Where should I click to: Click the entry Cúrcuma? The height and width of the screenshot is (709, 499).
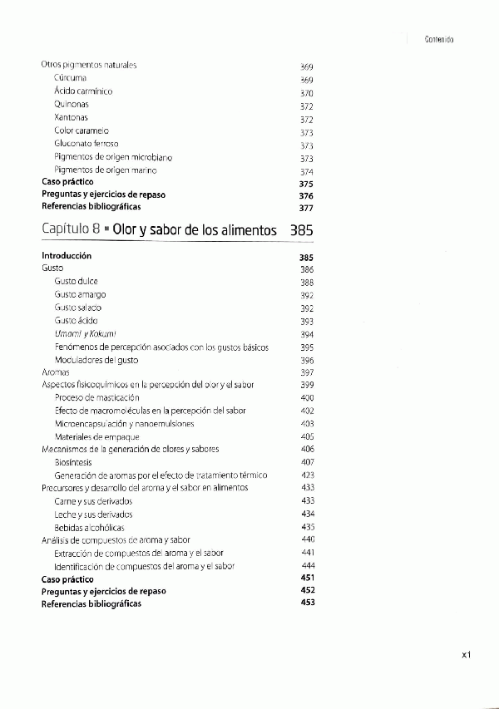(71, 78)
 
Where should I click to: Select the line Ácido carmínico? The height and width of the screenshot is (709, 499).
(83, 91)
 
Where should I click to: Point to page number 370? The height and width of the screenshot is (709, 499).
(306, 93)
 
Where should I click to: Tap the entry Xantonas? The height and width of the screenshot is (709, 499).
(72, 118)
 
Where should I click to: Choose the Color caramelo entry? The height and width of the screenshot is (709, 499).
(82, 131)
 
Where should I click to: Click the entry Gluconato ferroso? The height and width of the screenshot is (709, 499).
(86, 144)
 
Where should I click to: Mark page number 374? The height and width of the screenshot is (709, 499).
(306, 171)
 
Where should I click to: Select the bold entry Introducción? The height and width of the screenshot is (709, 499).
(67, 256)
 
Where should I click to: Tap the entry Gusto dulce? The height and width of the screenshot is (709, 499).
(77, 282)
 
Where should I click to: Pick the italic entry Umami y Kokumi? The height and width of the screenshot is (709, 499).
(84, 333)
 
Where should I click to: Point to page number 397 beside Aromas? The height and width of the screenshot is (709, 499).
(307, 372)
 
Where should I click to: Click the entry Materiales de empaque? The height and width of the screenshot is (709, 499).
(96, 436)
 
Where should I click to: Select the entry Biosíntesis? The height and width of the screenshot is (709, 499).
(73, 462)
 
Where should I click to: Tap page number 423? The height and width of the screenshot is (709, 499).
(307, 475)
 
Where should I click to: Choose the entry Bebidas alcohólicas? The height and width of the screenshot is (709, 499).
(90, 527)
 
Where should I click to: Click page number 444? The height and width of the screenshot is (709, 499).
(307, 565)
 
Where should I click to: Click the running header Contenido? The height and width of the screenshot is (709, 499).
(437, 39)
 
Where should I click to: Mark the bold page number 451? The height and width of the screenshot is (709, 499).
(307, 578)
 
